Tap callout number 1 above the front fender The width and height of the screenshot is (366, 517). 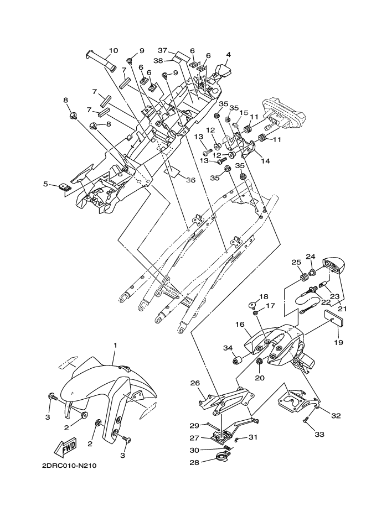coord(115,346)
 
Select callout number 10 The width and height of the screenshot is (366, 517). coord(113,51)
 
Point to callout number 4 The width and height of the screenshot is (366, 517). coord(228,54)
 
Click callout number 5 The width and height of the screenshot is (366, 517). coord(46,184)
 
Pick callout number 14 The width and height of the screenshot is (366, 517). coord(266,161)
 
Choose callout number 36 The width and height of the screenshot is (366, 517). coord(190,180)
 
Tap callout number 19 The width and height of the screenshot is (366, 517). coord(339,342)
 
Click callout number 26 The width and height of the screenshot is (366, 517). coord(195,383)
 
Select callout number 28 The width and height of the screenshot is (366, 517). coord(194,460)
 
